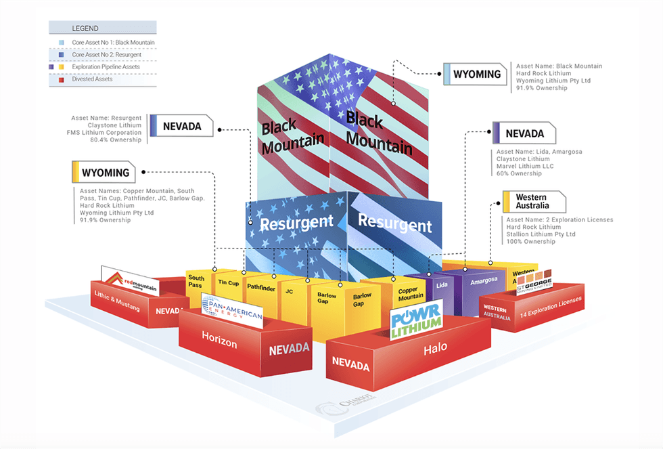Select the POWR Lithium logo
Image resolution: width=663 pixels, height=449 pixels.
(x=416, y=320)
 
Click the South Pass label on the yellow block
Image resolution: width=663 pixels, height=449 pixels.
(x=196, y=282)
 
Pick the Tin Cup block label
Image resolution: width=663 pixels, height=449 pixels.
(x=229, y=283)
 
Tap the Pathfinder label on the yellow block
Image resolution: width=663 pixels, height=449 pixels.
(x=260, y=287)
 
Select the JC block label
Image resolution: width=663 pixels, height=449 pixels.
(x=289, y=291)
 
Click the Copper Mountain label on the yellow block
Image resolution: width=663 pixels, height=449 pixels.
(x=411, y=293)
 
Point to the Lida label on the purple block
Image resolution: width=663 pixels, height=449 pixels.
(x=442, y=285)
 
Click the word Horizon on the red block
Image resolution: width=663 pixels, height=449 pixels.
(x=219, y=343)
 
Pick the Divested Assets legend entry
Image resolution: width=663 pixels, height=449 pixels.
(x=94, y=79)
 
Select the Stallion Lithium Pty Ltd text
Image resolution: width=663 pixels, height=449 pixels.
(x=541, y=234)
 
